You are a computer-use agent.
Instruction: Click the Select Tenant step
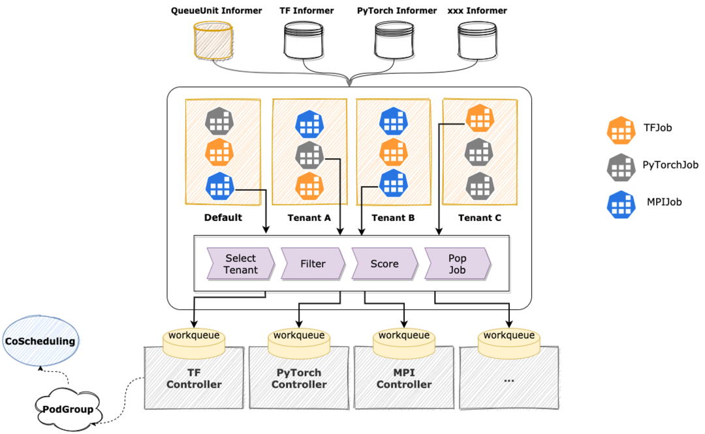pos(240,264)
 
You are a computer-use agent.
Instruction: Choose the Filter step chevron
pos(313,264)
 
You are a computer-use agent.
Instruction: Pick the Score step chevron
pos(384,264)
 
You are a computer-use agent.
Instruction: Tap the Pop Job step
pos(457,264)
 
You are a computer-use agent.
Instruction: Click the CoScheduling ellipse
pos(40,341)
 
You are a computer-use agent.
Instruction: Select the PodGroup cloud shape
pos(67,410)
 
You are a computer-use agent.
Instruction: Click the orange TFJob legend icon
pos(621,130)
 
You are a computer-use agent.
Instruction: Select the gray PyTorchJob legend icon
pos(621,167)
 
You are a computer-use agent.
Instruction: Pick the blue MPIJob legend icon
pos(621,204)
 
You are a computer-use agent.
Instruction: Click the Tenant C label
pos(479,218)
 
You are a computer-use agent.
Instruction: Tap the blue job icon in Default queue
pos(220,186)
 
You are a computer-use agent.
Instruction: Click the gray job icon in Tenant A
pos(309,155)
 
